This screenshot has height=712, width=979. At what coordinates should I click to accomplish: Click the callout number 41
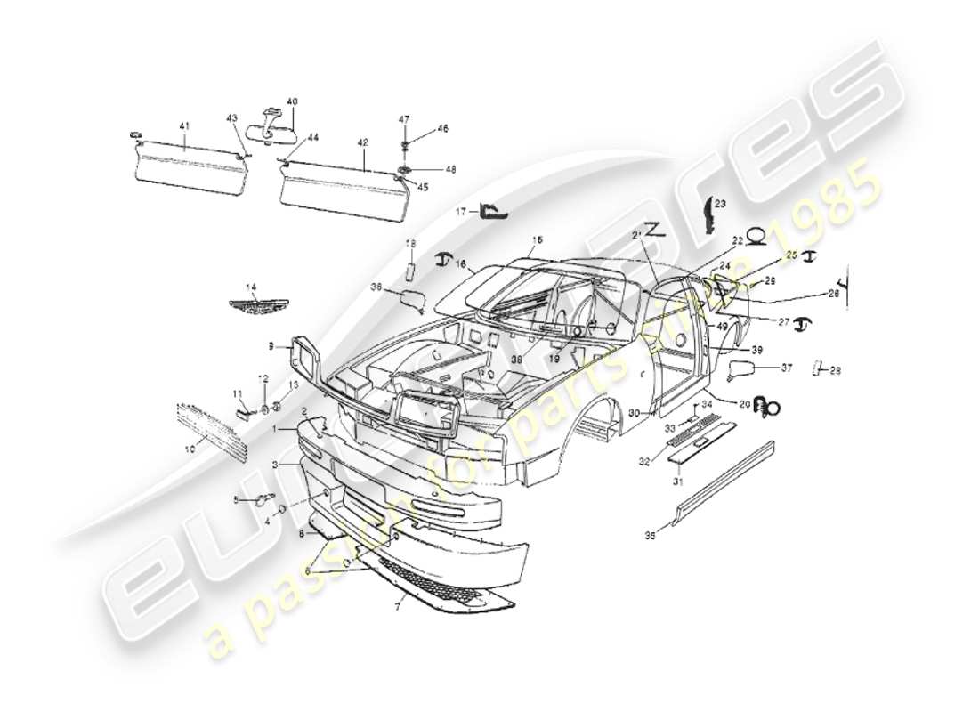(184, 127)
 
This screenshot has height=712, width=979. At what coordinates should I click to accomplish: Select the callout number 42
(362, 142)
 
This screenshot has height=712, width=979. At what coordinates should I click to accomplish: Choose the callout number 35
(650, 536)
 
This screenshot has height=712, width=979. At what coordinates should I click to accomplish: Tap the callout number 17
(461, 212)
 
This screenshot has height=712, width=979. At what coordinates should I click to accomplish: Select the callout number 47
(403, 118)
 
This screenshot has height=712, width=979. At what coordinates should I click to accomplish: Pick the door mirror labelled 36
(409, 298)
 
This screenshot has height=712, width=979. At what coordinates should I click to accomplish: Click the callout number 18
(410, 244)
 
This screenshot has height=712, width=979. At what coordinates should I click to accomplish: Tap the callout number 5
(236, 499)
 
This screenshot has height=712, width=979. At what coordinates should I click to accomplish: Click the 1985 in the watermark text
(832, 203)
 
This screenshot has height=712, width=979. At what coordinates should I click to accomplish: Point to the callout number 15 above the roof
(537, 240)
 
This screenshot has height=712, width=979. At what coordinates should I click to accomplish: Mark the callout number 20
(744, 403)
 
